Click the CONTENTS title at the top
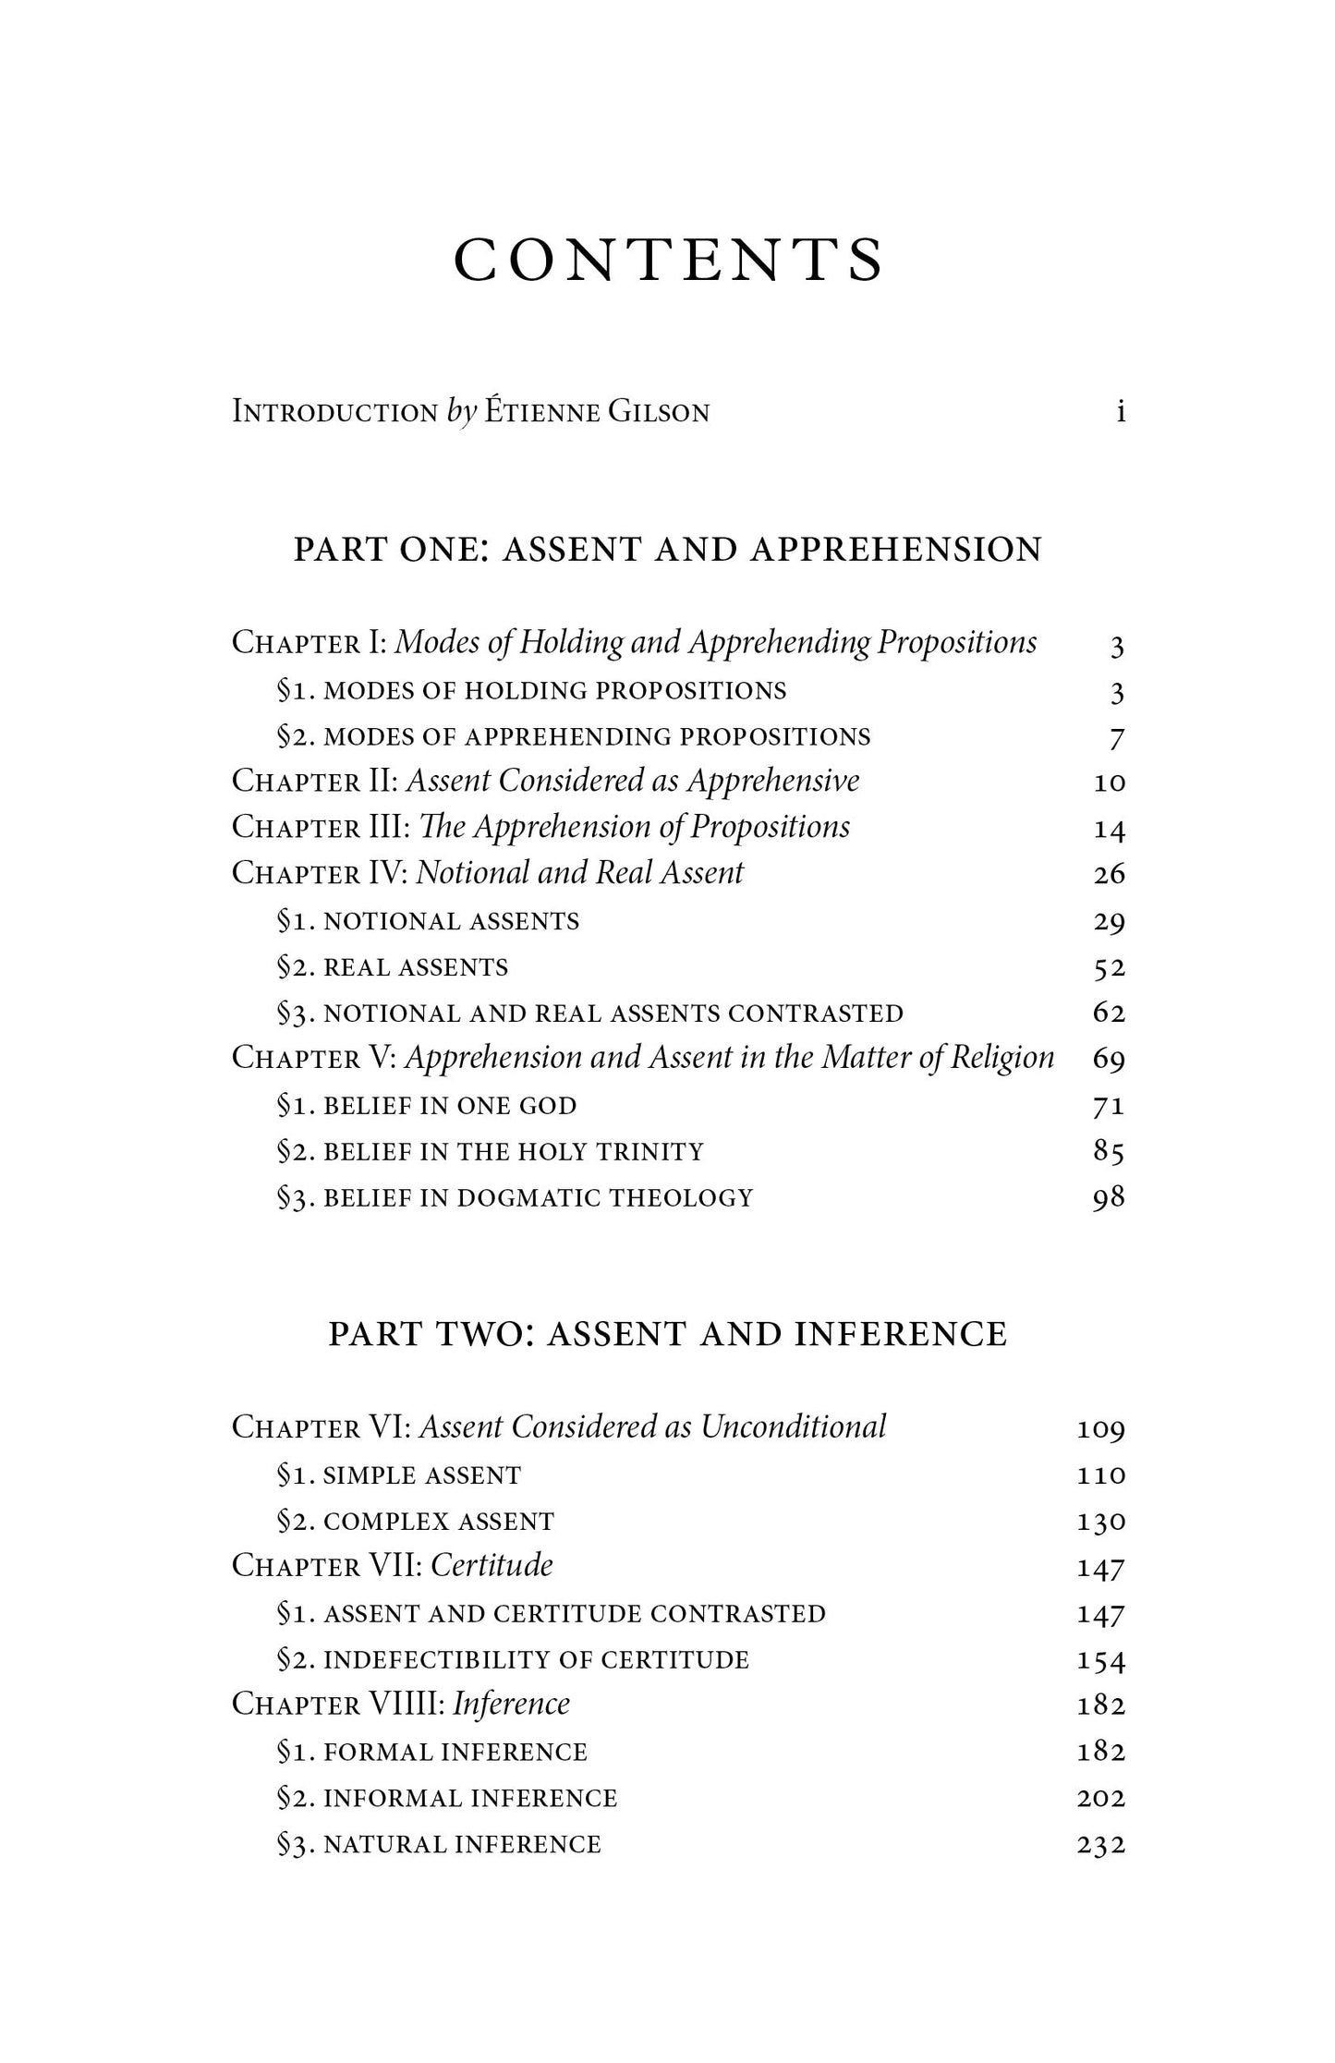tap(668, 261)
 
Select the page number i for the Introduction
tap(1120, 412)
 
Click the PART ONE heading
tap(667, 550)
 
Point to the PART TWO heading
tap(667, 1334)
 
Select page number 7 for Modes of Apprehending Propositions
tap(1116, 737)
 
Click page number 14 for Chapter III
tap(1109, 829)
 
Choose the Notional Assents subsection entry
tap(428, 921)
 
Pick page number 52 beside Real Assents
tap(1109, 967)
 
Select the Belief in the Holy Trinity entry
tap(490, 1152)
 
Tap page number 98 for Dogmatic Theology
tap(1109, 1198)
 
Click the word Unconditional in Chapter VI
tap(793, 1427)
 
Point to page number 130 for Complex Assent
tap(1101, 1522)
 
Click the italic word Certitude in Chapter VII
tap(492, 1566)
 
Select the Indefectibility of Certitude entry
tap(513, 1660)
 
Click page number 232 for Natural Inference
tap(1101, 1845)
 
